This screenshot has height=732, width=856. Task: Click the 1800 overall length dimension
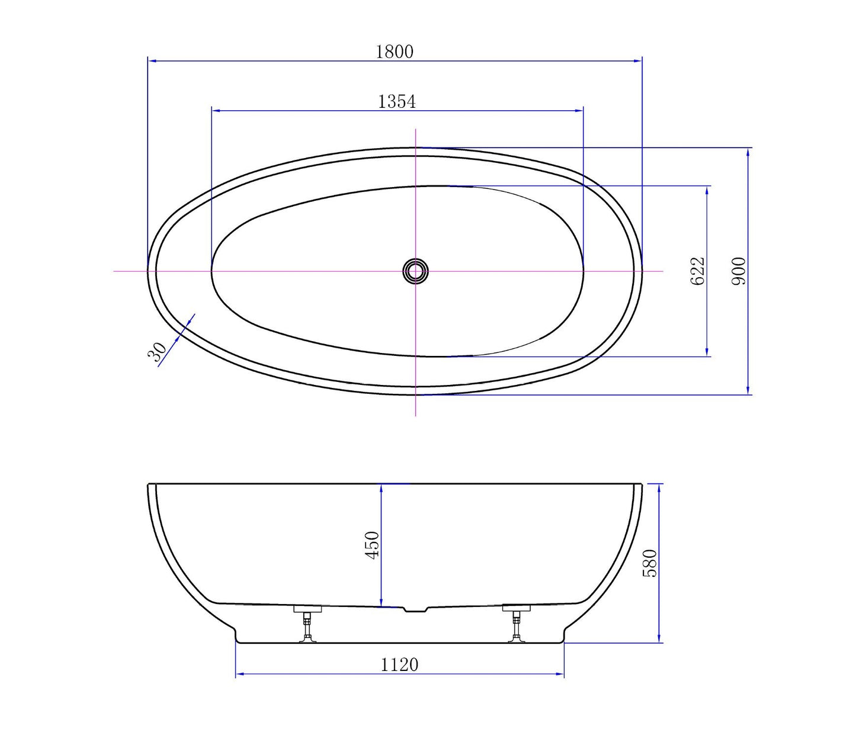tap(395, 52)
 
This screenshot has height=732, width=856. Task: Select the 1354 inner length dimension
tap(397, 101)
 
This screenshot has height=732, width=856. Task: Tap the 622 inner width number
tap(698, 271)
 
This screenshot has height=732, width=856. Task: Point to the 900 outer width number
tap(739, 271)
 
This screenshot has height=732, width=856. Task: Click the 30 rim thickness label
tap(157, 352)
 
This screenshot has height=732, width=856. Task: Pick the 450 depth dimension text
tap(372, 545)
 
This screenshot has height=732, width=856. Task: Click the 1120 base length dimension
tap(399, 665)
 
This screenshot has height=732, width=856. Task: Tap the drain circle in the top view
tap(415, 271)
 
